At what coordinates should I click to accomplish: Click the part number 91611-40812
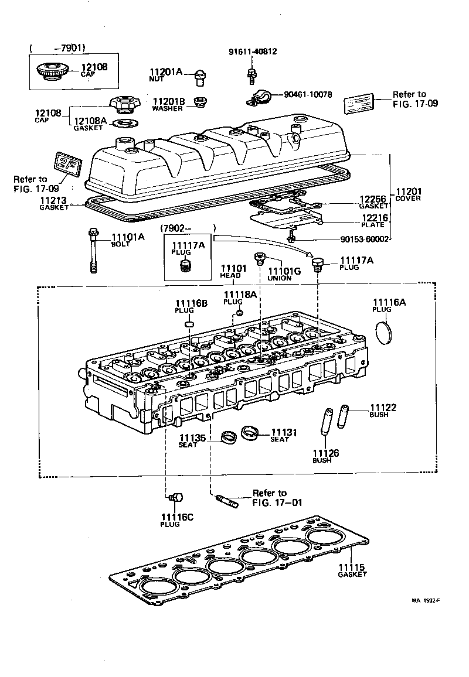(x=253, y=52)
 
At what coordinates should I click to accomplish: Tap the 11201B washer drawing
(x=200, y=103)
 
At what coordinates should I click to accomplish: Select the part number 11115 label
(x=351, y=567)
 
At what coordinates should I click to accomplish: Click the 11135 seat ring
(x=229, y=436)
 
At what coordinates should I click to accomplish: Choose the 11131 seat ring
(x=250, y=434)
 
